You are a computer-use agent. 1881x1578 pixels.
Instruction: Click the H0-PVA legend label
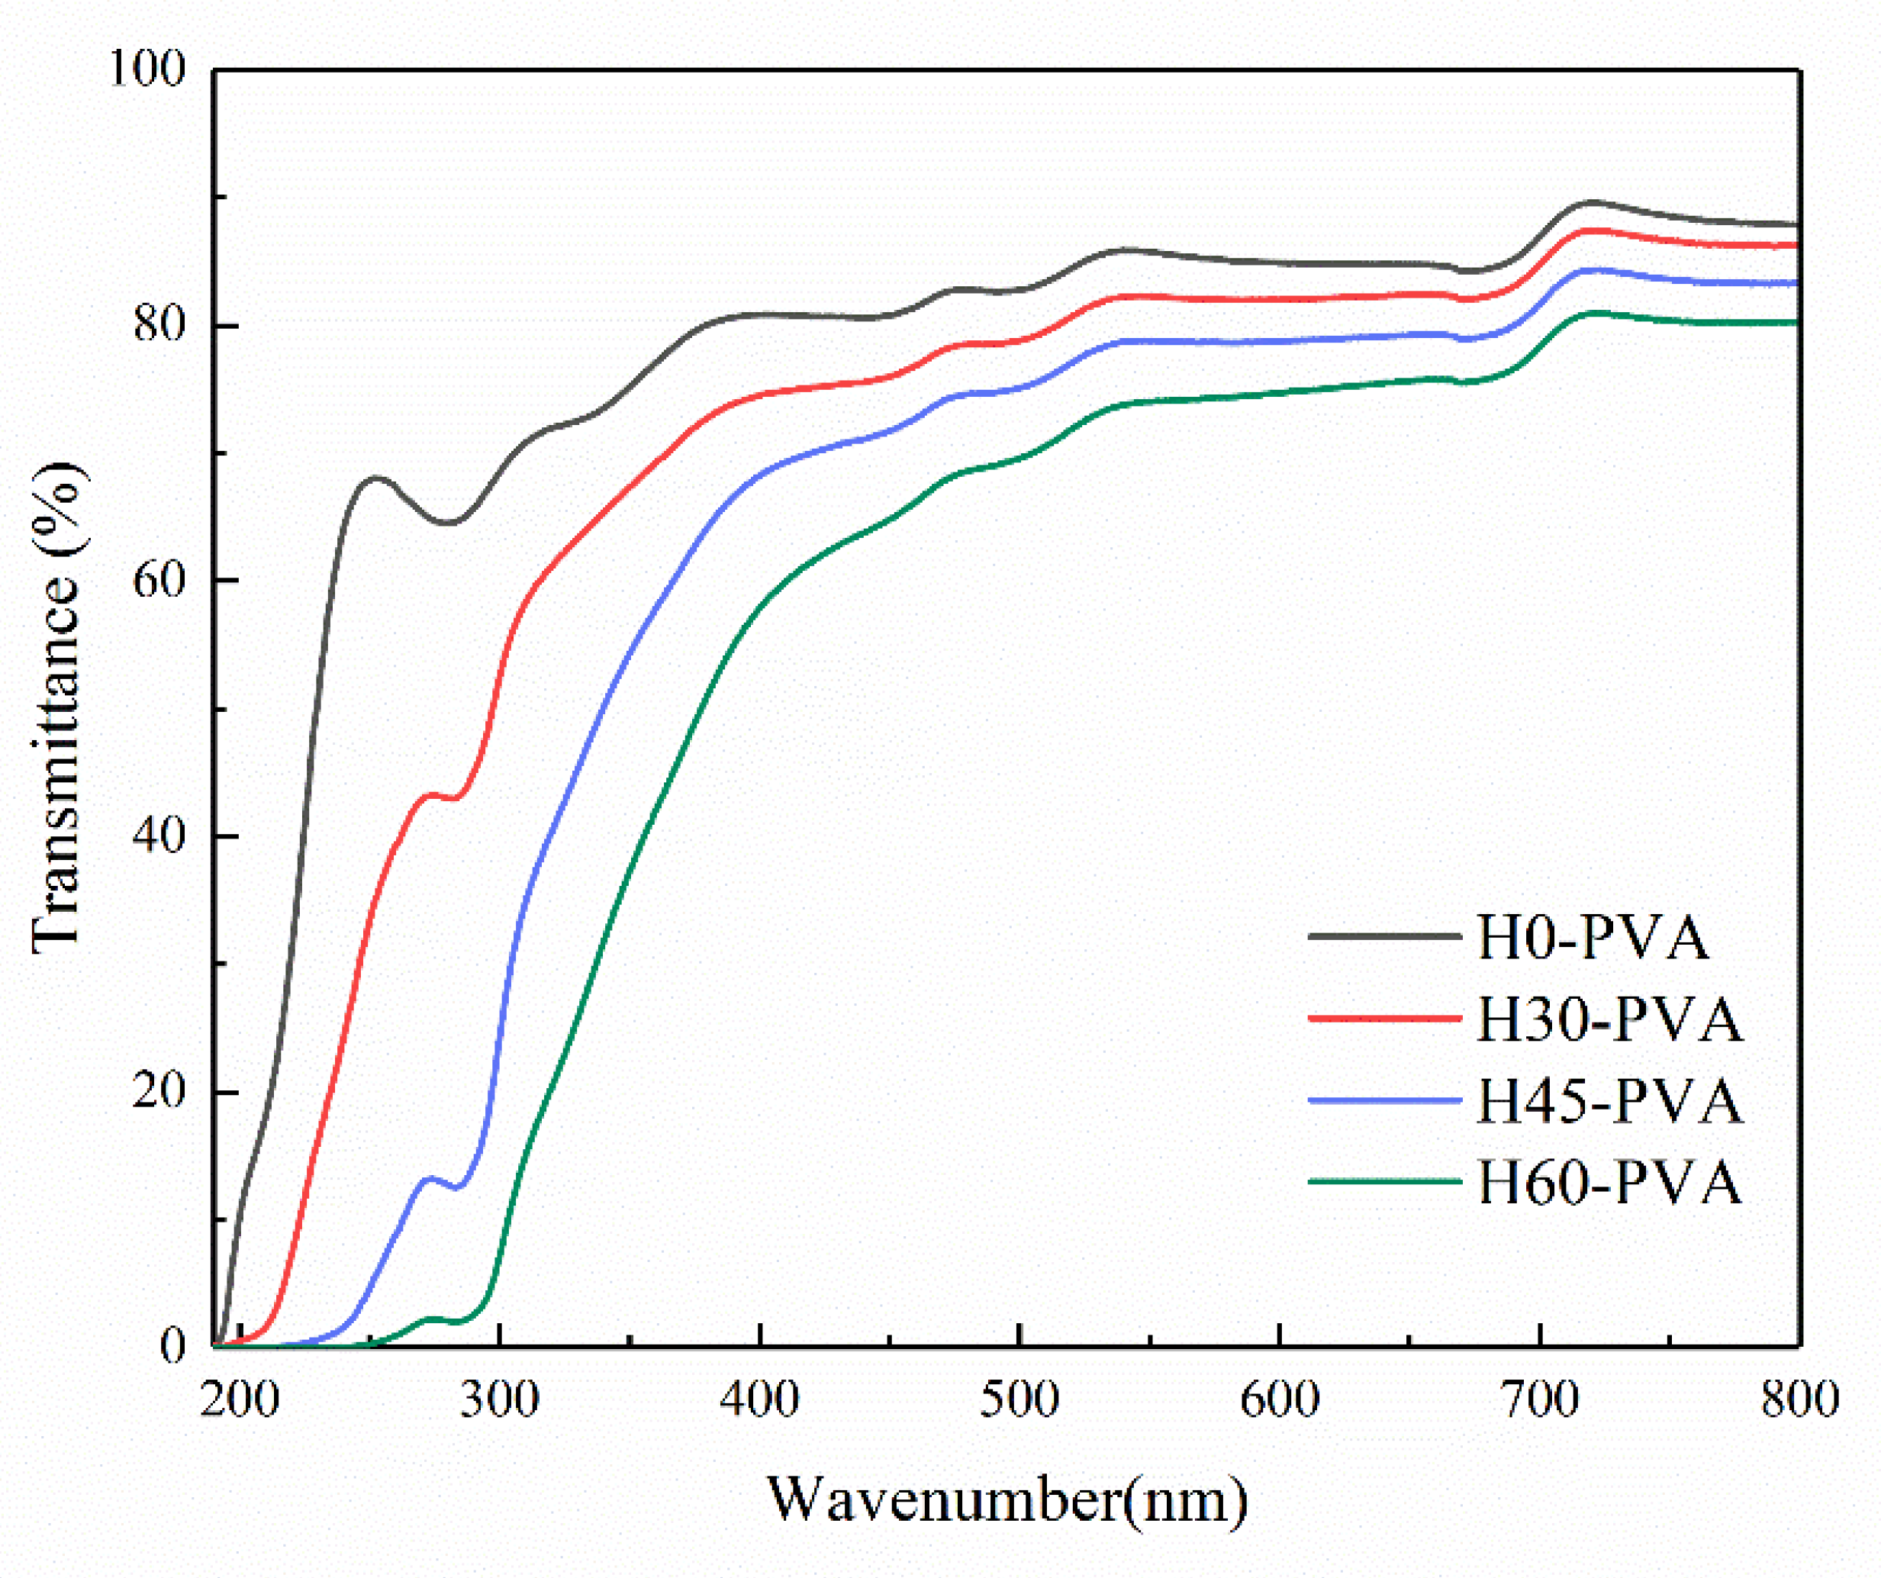tap(1592, 938)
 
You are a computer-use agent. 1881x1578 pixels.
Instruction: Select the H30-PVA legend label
tap(1609, 1019)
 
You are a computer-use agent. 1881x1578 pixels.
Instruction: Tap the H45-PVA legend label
tap(1609, 1100)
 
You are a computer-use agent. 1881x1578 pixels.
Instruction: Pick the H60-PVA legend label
tap(1609, 1182)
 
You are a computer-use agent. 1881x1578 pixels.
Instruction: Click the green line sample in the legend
tap(1385, 1181)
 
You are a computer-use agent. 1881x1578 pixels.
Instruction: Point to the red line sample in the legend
tap(1385, 1018)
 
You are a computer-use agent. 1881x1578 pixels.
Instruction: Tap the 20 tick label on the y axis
tap(159, 1091)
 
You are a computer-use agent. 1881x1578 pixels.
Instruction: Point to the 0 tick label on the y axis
tap(172, 1346)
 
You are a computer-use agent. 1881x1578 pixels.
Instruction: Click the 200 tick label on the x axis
tap(239, 1399)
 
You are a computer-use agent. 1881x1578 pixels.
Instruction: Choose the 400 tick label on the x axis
tap(759, 1399)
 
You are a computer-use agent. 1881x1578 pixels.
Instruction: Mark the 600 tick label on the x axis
tap(1279, 1399)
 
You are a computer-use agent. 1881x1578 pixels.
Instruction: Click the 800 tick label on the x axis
tap(1799, 1399)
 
